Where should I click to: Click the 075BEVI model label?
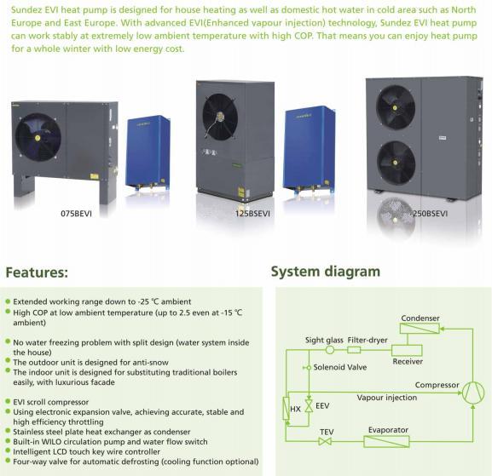click(x=76, y=214)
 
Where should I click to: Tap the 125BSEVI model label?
click(x=252, y=214)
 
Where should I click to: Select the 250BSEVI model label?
click(x=429, y=214)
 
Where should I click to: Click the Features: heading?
click(x=37, y=272)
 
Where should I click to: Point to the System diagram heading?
click(x=326, y=272)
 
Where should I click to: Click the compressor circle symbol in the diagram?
click(x=473, y=392)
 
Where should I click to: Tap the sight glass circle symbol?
click(x=329, y=350)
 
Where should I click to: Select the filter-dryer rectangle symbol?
click(x=354, y=350)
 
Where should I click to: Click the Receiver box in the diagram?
click(x=407, y=350)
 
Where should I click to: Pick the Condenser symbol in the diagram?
click(x=420, y=329)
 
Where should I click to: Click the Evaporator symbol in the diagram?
click(x=386, y=442)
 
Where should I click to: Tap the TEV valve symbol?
click(x=325, y=442)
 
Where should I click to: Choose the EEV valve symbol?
click(x=309, y=405)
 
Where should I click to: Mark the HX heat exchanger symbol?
click(x=287, y=408)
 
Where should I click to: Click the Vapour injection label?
click(x=387, y=398)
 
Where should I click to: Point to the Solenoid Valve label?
click(x=340, y=367)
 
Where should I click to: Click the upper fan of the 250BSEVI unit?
click(x=396, y=107)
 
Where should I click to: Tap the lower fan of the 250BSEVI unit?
click(x=396, y=163)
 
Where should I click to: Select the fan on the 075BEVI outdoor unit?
click(x=38, y=137)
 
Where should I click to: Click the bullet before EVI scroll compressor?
click(x=9, y=401)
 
